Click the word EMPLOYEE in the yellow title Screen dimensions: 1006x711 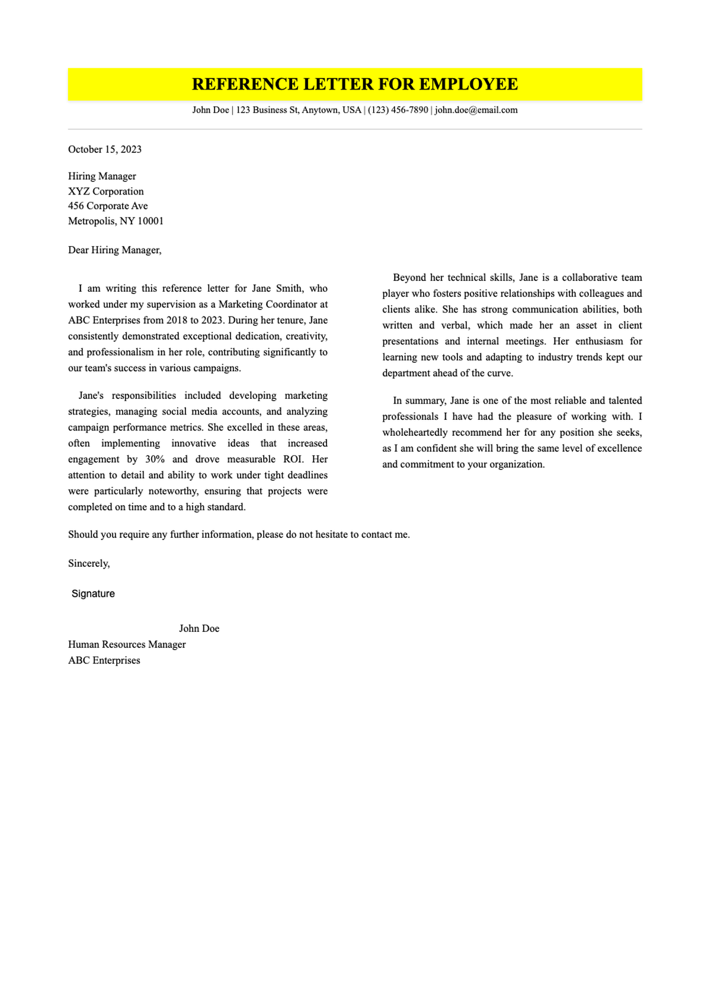click(468, 84)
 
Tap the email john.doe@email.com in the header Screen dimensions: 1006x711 click(476, 110)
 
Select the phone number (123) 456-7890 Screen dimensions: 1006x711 click(398, 110)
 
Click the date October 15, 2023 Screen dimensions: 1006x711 click(105, 149)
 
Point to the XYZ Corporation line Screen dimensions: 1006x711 click(106, 191)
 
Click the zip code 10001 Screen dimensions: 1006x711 click(150, 221)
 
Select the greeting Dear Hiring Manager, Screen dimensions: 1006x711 click(114, 250)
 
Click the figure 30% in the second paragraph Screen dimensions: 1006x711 click(155, 459)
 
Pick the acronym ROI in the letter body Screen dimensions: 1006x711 click(293, 459)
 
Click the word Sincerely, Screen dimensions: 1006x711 click(89, 564)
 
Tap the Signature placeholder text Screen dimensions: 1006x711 click(93, 594)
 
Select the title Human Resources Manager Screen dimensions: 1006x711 click(127, 644)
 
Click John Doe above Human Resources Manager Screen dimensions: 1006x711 click(199, 628)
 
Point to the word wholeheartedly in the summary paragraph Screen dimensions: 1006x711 click(415, 433)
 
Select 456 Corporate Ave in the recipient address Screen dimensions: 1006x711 click(108, 206)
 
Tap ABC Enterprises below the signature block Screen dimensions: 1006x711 click(104, 660)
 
